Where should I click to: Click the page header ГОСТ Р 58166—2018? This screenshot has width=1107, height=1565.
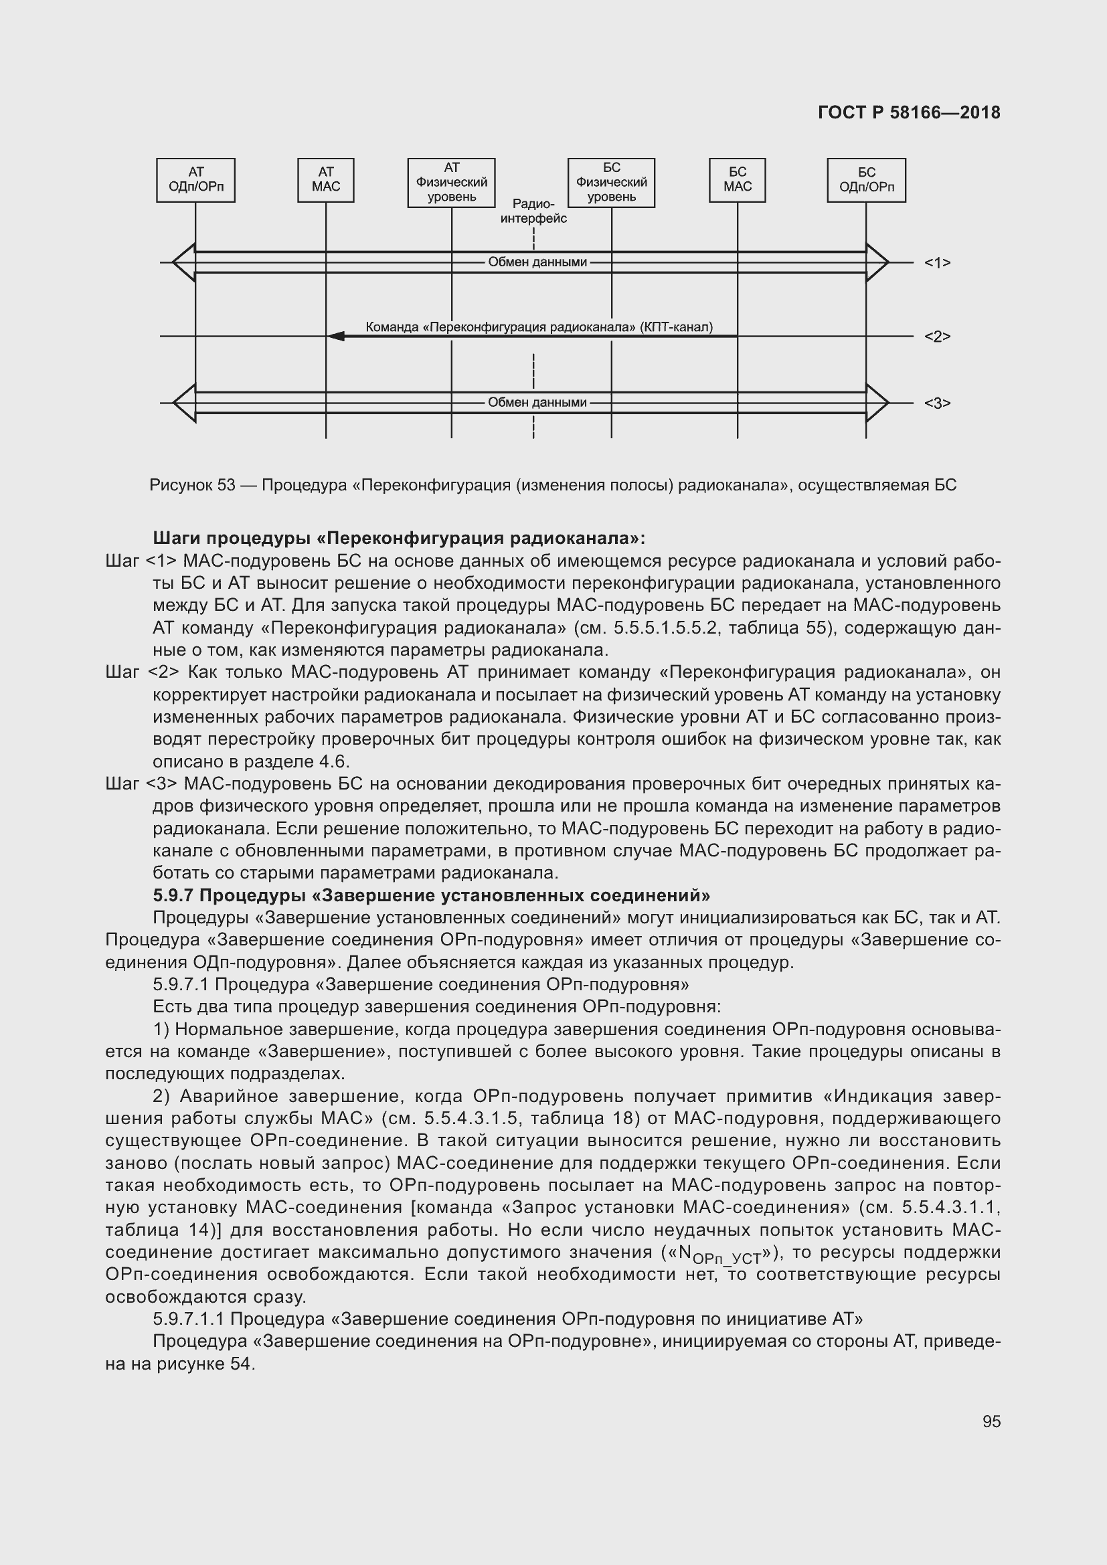pyautogui.click(x=909, y=112)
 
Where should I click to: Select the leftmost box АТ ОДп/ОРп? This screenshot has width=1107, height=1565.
pyautogui.click(x=195, y=180)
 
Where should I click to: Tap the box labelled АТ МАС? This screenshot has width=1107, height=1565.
pyautogui.click(x=326, y=180)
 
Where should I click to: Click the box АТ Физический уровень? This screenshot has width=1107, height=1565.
pyautogui.click(x=451, y=183)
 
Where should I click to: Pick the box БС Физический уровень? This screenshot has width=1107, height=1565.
pyautogui.click(x=612, y=183)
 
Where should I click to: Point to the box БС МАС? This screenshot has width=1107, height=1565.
pyautogui.click(x=737, y=180)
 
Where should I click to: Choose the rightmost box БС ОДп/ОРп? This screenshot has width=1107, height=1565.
pyautogui.click(x=866, y=180)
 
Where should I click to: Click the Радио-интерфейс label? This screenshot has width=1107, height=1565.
pyautogui.click(x=533, y=211)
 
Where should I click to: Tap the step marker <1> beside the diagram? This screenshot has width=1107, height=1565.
pyautogui.click(x=936, y=263)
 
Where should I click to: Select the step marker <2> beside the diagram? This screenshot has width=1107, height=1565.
pyautogui.click(x=936, y=337)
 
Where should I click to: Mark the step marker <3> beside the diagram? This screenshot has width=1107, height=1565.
pyautogui.click(x=936, y=403)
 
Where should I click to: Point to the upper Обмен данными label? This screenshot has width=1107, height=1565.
pyautogui.click(x=537, y=262)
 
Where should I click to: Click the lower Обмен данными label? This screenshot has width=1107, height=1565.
pyautogui.click(x=537, y=403)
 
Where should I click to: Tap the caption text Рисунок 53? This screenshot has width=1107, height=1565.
pyautogui.click(x=192, y=485)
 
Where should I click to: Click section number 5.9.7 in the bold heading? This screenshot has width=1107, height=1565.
pyautogui.click(x=173, y=895)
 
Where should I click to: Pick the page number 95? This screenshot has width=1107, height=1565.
pyautogui.click(x=991, y=1422)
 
